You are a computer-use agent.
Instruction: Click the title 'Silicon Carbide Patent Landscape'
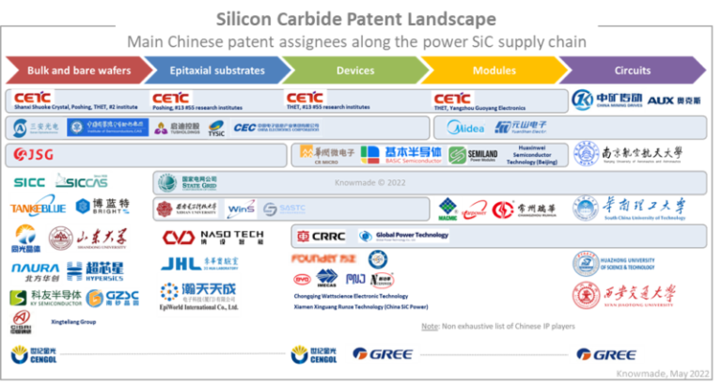click(356, 18)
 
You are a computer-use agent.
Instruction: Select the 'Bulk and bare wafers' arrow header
click(77, 70)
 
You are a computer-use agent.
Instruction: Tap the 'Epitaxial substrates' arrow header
click(217, 70)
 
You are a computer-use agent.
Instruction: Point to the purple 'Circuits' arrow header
click(632, 70)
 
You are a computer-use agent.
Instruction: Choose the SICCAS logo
click(86, 181)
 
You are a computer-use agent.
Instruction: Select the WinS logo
click(242, 208)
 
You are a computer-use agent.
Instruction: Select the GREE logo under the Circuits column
click(606, 354)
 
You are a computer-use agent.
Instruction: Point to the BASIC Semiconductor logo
click(400, 154)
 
